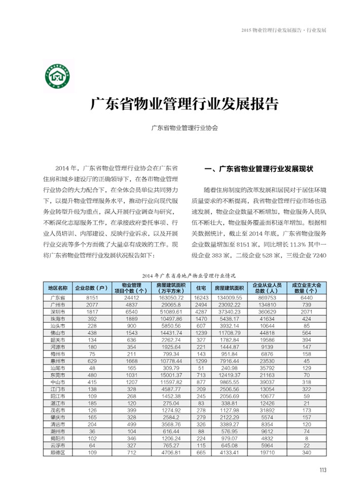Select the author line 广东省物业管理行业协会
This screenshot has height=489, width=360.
185,128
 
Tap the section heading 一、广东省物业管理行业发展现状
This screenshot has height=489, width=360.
259,168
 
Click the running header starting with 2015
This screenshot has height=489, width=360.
284,30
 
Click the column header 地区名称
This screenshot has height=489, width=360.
57,288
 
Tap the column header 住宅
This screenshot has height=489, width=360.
201,288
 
